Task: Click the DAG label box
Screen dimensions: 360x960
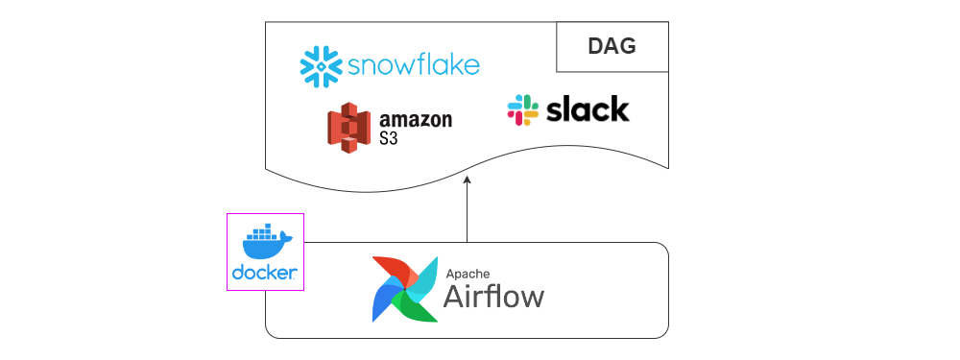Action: (x=612, y=46)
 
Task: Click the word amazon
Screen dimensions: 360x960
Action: (x=416, y=121)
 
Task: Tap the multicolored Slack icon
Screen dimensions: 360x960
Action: (x=522, y=109)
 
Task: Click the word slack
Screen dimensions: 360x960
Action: (x=587, y=109)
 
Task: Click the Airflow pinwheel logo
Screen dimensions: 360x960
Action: (x=404, y=288)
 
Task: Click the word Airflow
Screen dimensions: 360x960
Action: (x=492, y=296)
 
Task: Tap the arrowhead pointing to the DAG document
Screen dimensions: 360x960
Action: (x=467, y=180)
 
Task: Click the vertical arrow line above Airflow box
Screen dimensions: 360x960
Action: (x=467, y=216)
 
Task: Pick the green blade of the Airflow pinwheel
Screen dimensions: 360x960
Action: (x=418, y=306)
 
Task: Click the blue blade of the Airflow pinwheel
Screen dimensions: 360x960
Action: (x=385, y=303)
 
